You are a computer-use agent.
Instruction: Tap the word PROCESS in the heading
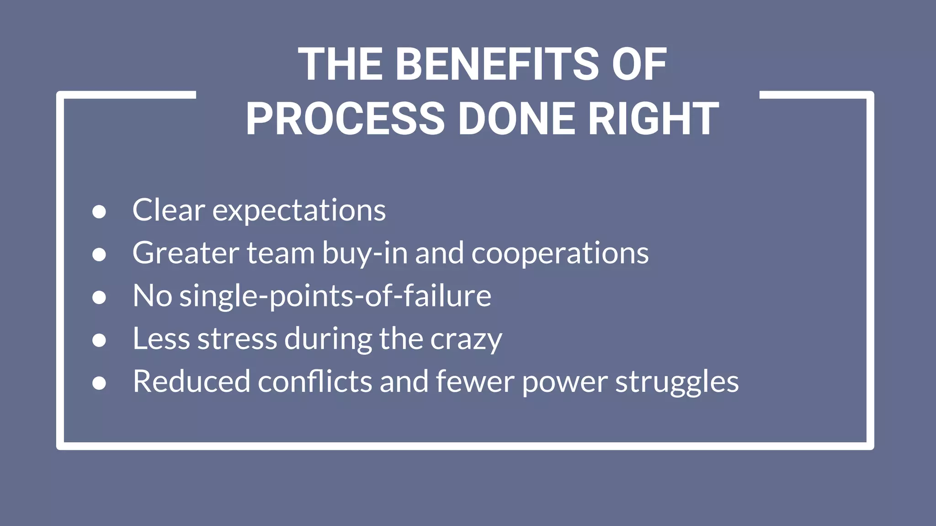(x=345, y=119)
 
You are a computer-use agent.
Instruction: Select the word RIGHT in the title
(x=653, y=119)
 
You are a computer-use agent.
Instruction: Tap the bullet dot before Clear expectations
(x=99, y=211)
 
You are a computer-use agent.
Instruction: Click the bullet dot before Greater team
(x=99, y=254)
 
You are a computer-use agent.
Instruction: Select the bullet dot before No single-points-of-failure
(x=99, y=297)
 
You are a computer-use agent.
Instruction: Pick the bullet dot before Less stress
(x=99, y=340)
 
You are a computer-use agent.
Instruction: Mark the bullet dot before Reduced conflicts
(x=99, y=383)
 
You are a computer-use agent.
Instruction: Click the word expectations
(x=299, y=211)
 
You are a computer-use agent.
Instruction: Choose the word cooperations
(x=560, y=254)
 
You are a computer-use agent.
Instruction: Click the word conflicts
(x=315, y=382)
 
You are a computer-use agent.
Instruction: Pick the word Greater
(x=186, y=253)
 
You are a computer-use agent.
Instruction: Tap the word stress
(x=237, y=339)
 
